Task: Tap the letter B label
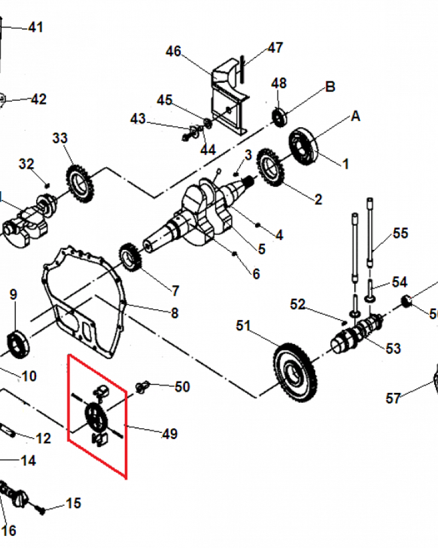[x=330, y=87]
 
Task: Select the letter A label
[x=356, y=116]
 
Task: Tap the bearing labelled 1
[x=303, y=147]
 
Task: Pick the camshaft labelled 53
[x=356, y=334]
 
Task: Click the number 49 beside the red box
[x=170, y=434]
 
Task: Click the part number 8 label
[x=175, y=313]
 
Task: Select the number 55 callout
[x=401, y=233]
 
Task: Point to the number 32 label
[x=26, y=164]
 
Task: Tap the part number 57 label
[x=393, y=398]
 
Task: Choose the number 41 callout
[x=36, y=27]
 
